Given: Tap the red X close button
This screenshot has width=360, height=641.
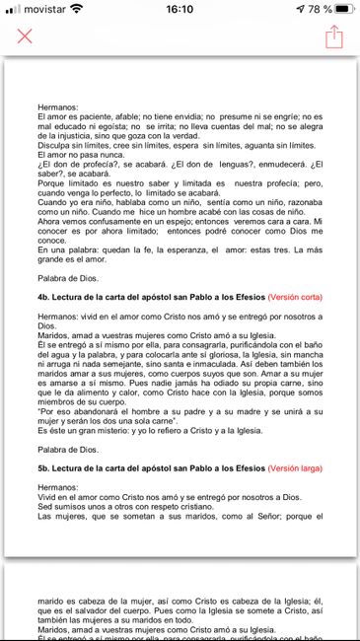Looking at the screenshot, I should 25,36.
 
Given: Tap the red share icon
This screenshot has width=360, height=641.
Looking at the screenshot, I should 333,36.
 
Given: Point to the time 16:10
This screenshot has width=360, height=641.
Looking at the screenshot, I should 180,9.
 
